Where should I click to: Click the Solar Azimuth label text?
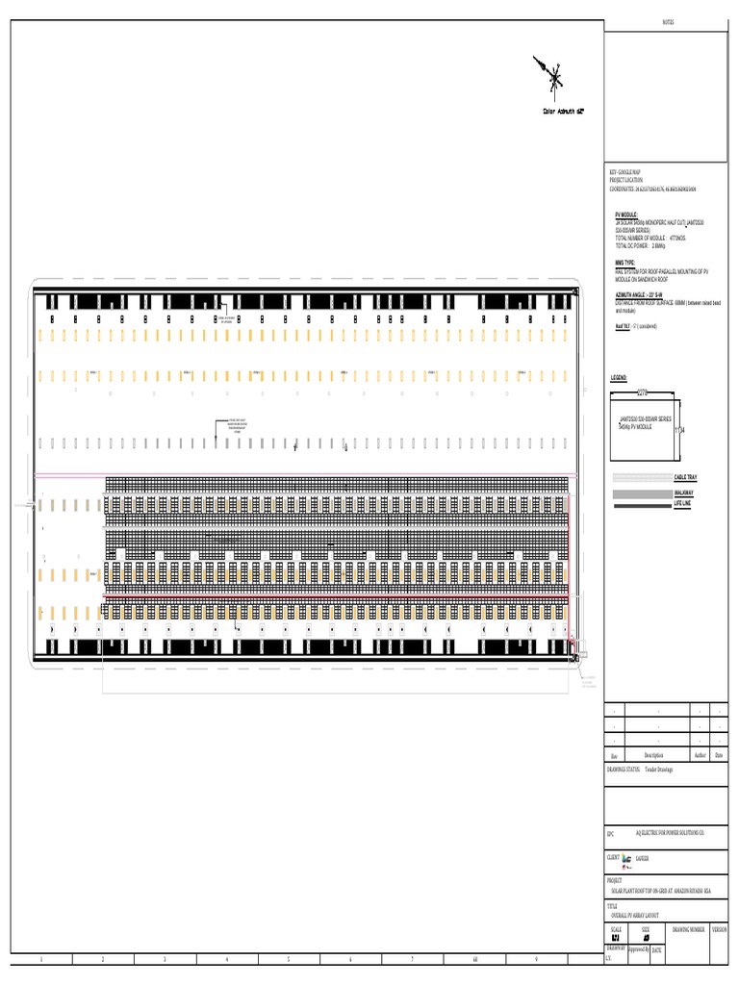[564, 111]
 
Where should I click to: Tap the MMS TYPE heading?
[625, 262]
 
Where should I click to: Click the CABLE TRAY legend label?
[686, 477]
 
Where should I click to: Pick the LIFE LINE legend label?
[683, 504]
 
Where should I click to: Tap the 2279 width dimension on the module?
[643, 391]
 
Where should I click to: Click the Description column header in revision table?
[653, 755]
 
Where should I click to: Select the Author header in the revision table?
[701, 755]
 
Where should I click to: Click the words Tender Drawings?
[659, 770]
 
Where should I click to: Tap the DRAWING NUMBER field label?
[688, 929]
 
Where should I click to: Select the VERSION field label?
[720, 929]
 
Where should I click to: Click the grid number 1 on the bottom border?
[40, 959]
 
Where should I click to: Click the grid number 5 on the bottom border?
[288, 959]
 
